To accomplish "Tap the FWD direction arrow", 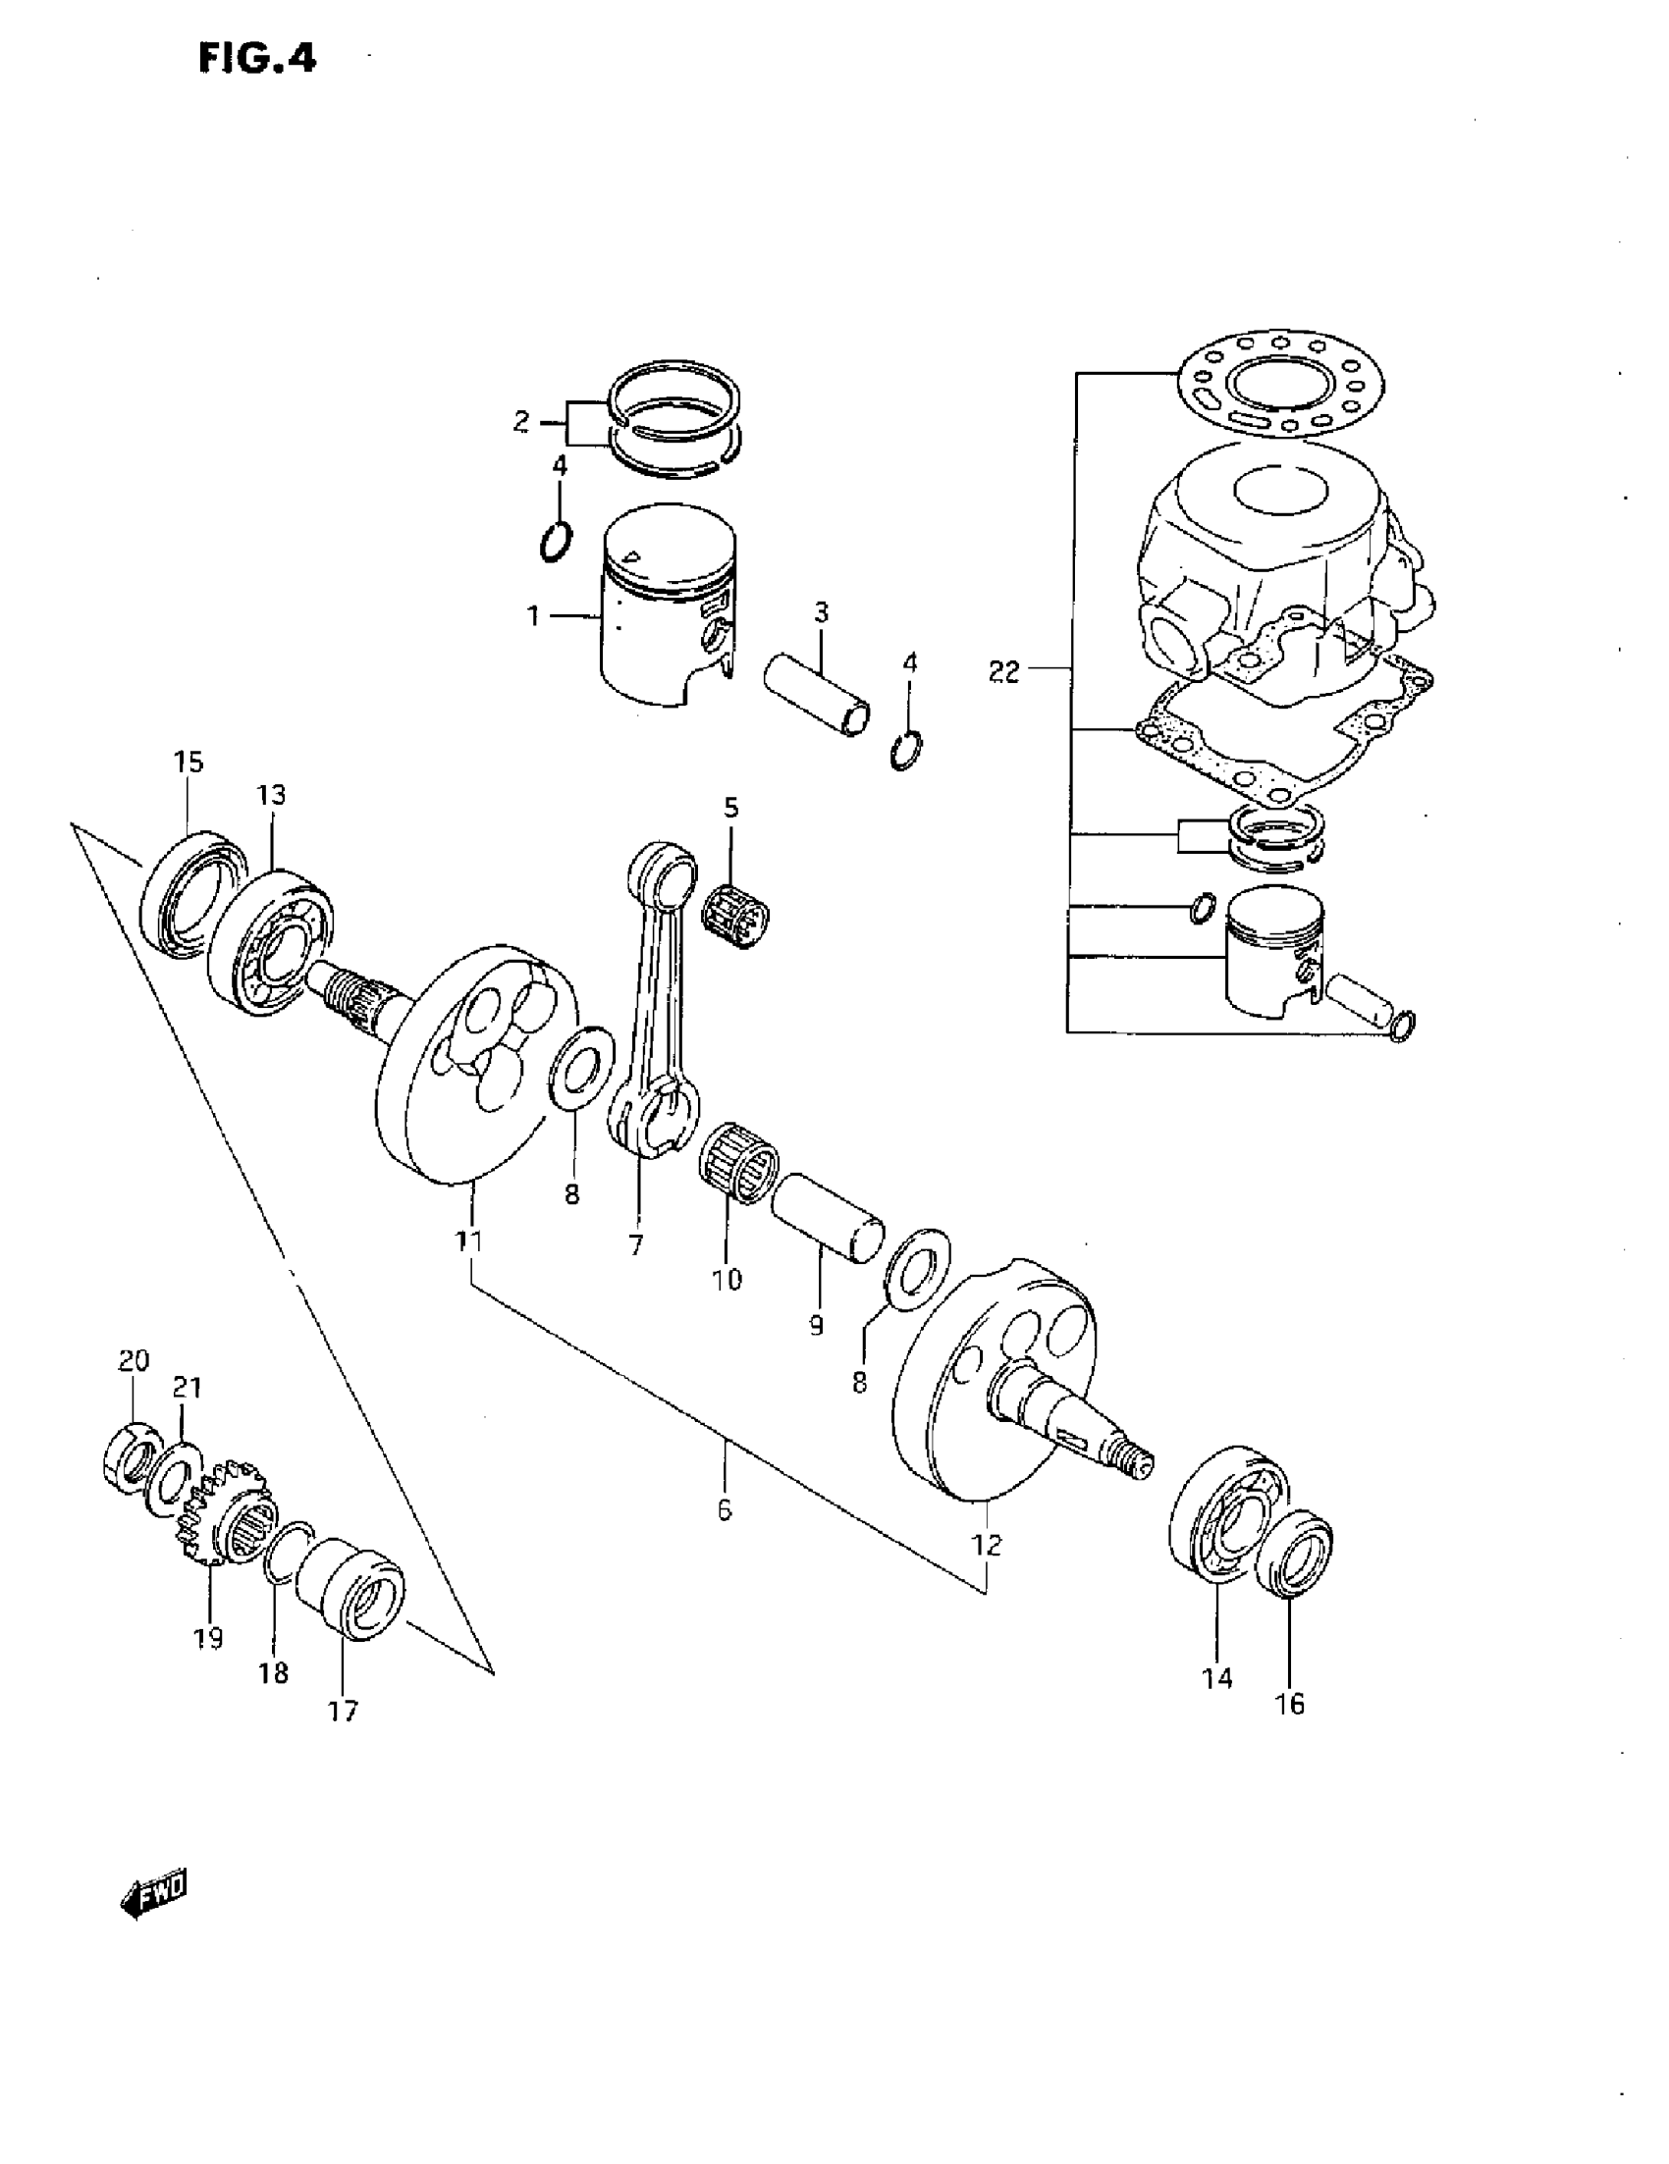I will coord(152,1897).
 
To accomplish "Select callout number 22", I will coord(1003,672).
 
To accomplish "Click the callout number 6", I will coord(725,1510).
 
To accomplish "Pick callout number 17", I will coord(343,1711).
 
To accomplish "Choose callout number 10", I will coord(727,1279).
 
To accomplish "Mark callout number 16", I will coord(1290,1704).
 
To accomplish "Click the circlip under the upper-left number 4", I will coord(557,541).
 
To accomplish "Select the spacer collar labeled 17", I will coord(351,1589).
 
